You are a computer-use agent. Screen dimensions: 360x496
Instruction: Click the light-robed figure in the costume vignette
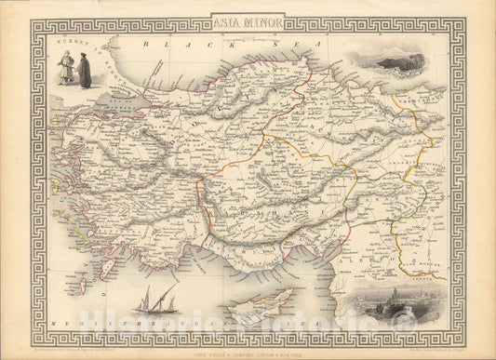click(x=66, y=68)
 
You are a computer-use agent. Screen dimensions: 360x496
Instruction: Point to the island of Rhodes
click(x=108, y=269)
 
